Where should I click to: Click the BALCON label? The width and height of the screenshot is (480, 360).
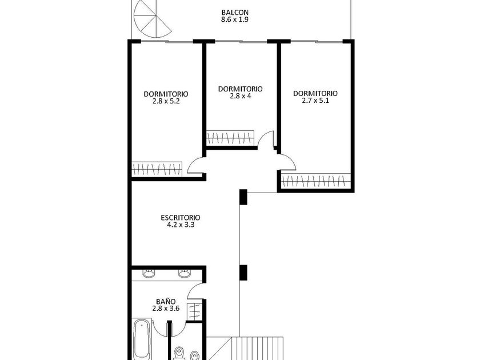tap(235, 13)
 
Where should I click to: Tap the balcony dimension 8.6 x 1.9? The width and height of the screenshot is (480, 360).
tap(235, 19)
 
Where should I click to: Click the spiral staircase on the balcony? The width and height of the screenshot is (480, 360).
tap(152, 19)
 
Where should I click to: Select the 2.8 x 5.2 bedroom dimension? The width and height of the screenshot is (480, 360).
tap(166, 101)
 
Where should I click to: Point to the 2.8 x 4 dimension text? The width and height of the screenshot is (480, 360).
tap(241, 96)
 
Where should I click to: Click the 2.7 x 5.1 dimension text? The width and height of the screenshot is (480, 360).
tap(315, 101)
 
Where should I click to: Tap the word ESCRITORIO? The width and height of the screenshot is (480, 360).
tap(181, 218)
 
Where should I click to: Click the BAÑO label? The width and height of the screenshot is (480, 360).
tap(166, 302)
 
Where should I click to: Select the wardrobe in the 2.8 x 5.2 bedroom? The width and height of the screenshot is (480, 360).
tap(157, 169)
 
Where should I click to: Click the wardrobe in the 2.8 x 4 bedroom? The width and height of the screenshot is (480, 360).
tap(230, 138)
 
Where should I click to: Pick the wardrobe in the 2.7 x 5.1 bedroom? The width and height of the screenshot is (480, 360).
tap(316, 181)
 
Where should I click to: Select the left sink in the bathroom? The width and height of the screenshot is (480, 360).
tap(149, 273)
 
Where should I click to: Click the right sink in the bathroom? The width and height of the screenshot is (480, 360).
tap(184, 273)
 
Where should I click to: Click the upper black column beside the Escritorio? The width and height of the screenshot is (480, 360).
tap(243, 197)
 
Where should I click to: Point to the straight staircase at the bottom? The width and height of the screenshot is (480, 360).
tap(257, 349)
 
